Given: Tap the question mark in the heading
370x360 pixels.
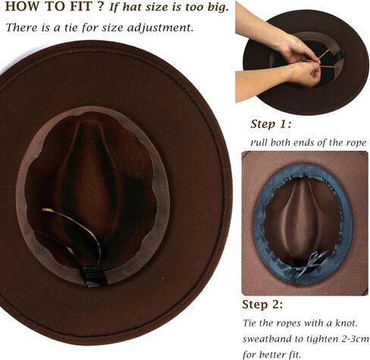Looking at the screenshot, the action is (101, 6).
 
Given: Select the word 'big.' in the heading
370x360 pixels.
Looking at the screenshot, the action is (218, 7).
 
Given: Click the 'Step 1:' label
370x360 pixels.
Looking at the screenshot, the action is (271, 124).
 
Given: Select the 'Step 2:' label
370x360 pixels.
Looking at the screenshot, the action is (262, 305).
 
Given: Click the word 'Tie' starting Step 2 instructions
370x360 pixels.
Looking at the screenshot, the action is (250, 323).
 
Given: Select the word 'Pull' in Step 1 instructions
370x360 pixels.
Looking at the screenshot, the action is (259, 142).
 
